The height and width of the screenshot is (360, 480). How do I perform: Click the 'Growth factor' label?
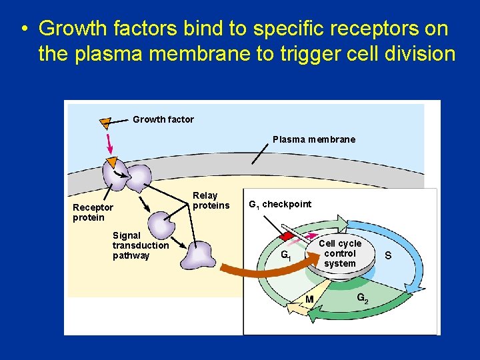[163, 119]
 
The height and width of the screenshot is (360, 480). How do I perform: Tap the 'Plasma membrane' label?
[313, 139]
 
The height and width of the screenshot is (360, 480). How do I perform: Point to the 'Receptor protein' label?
[93, 213]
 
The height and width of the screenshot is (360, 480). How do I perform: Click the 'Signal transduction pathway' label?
[140, 245]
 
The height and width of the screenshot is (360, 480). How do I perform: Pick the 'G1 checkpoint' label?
[279, 204]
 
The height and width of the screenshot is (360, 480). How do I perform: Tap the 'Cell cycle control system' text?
[339, 253]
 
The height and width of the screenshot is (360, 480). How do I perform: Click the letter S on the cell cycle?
[387, 255]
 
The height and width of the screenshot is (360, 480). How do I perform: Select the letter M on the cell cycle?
[309, 299]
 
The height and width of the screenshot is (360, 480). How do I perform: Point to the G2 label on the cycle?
[362, 298]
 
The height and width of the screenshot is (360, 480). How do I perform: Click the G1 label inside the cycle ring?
[285, 255]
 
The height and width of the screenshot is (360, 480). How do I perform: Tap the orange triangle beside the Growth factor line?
[105, 122]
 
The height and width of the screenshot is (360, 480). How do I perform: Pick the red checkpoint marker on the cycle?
[287, 235]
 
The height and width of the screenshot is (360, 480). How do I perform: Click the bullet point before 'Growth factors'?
[23, 30]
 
